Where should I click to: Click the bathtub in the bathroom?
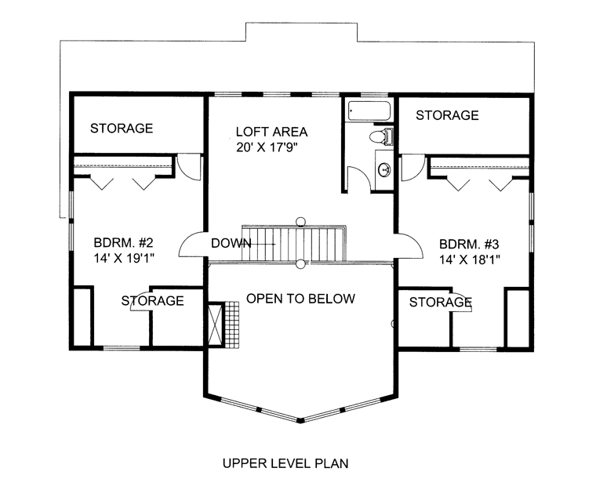tap(369, 111)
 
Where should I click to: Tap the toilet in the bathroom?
tap(381, 136)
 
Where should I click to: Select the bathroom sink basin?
tap(384, 169)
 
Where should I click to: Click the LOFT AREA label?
tap(271, 132)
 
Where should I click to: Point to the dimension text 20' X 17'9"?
tap(266, 147)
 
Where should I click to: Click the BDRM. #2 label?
tap(123, 242)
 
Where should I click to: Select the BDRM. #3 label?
tap(469, 244)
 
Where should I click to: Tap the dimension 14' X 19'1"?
tap(124, 259)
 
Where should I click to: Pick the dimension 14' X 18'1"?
tap(470, 260)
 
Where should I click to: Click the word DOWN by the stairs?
tap(231, 243)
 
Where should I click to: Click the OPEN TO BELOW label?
tap(300, 299)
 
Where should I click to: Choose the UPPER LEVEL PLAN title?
tap(285, 463)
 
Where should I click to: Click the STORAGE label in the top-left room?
tap(122, 129)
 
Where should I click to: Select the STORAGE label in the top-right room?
tap(447, 115)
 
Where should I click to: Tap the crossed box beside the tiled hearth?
tap(215, 324)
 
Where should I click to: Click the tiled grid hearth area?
tap(232, 325)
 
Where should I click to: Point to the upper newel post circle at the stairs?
tap(300, 221)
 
